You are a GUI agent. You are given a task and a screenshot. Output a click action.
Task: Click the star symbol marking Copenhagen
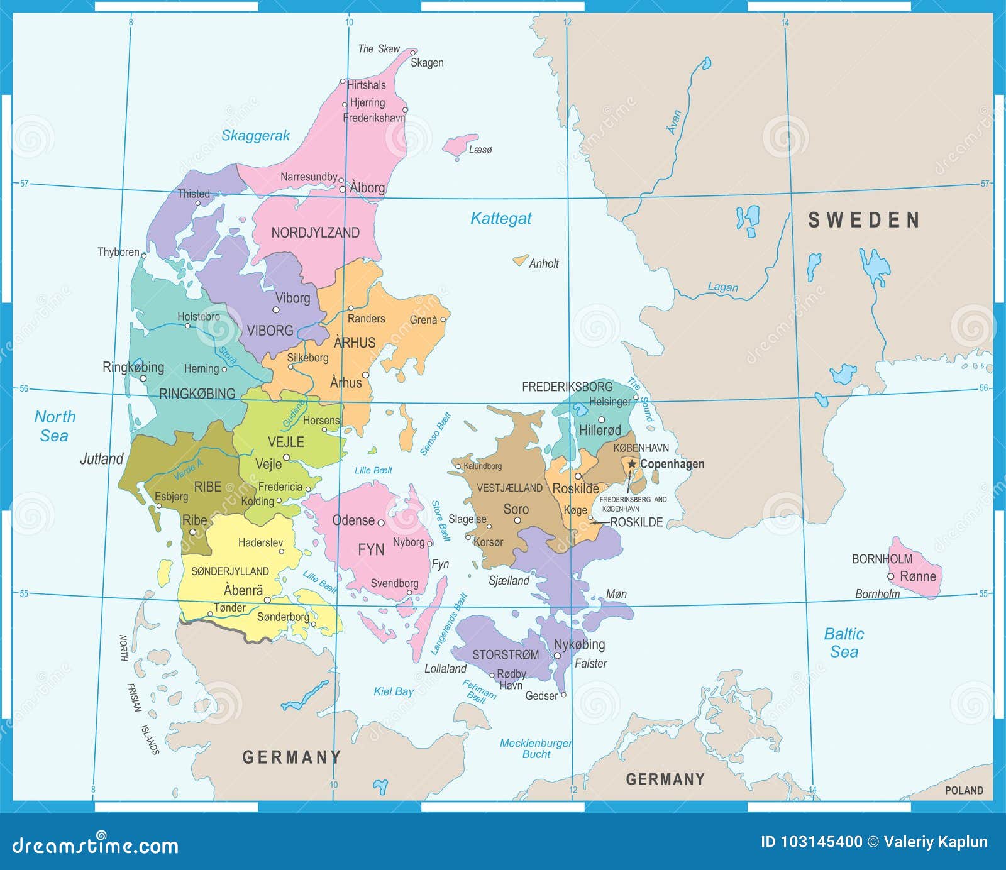coord(632,464)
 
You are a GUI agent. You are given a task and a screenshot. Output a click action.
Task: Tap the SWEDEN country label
coord(864,220)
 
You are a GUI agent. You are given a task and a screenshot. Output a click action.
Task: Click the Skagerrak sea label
coord(255,136)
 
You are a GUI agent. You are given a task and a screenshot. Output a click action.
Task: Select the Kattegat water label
coord(500,219)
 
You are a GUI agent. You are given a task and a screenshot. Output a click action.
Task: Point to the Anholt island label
coord(543,264)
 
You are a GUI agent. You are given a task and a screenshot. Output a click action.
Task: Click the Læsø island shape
coord(459,145)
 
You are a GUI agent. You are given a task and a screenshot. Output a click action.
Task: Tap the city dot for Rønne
coord(890,576)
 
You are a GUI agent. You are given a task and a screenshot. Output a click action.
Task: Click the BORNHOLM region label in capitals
coord(882,559)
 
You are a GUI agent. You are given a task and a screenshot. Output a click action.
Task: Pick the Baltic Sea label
coord(844,642)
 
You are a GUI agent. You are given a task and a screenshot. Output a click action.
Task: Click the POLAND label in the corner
coord(963,790)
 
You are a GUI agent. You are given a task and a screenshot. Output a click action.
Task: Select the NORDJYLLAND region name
coord(315,233)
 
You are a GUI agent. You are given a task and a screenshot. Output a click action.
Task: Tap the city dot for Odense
coord(380,522)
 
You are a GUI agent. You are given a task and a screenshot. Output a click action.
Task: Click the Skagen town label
coord(427,63)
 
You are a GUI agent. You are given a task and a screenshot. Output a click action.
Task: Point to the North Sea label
coord(55,426)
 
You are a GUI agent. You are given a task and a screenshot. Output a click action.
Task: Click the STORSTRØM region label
coord(505,655)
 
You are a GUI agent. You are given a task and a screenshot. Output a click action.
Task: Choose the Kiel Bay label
coord(394,691)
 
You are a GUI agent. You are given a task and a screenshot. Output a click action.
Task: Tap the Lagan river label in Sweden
coord(722,287)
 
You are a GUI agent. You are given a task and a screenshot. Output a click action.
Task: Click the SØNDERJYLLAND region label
coord(229,571)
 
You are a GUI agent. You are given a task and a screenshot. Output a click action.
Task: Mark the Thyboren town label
coord(118,252)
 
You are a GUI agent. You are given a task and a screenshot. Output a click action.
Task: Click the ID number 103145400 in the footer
coord(811,842)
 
